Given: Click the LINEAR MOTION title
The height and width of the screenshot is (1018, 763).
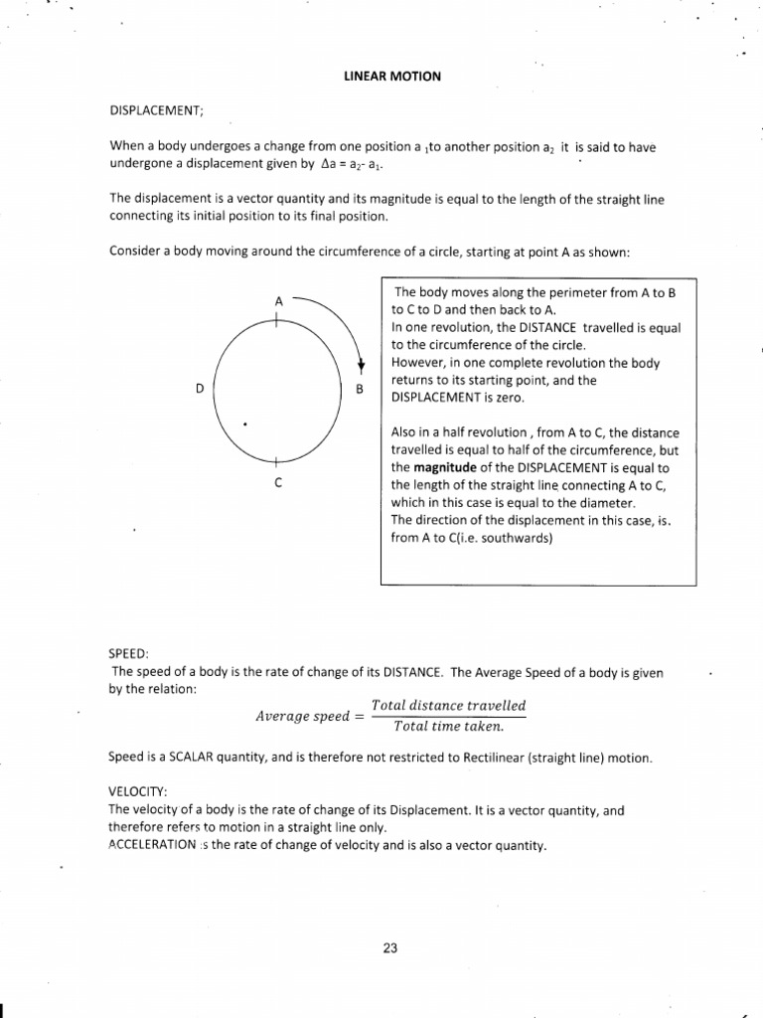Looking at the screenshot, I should coord(387,76).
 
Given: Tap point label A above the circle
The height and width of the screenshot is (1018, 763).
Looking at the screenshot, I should coord(278,299).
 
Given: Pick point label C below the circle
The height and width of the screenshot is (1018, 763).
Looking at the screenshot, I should coord(278,482).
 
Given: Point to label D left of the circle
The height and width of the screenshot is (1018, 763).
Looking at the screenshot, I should coord(200,389).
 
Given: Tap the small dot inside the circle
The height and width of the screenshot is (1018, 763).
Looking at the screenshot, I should coord(244,424).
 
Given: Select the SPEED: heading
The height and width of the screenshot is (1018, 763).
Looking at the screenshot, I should coord(128,654).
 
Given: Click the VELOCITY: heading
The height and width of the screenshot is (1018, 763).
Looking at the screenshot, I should coord(137,792).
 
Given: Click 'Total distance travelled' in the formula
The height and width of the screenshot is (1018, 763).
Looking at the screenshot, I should coord(448,706).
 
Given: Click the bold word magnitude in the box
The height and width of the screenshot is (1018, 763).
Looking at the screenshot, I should coord(441,466).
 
